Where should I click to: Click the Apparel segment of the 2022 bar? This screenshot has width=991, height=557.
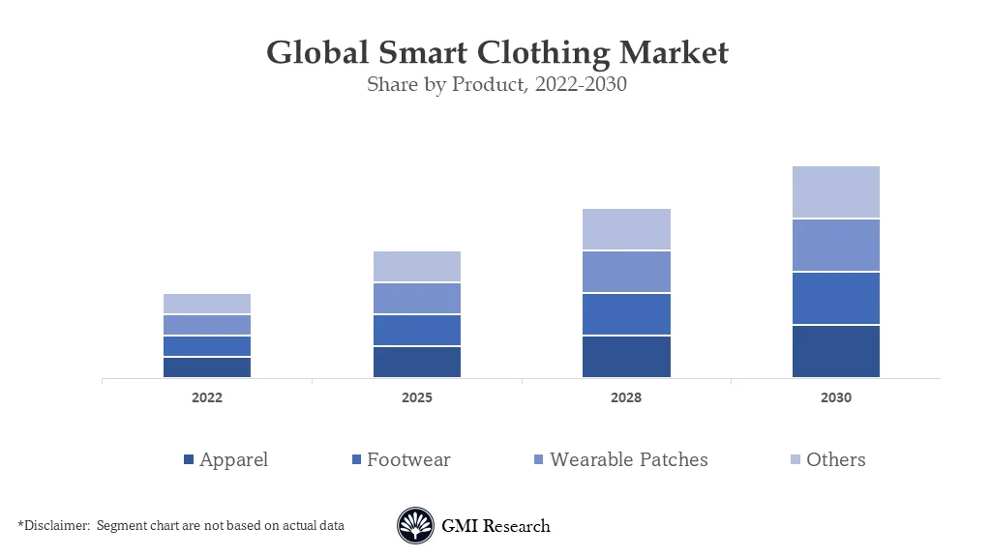point(207,367)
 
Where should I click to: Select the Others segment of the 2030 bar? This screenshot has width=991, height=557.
point(836,191)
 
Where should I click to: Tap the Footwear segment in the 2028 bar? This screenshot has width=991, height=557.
point(626,314)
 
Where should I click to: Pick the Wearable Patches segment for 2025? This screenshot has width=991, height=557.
point(417,298)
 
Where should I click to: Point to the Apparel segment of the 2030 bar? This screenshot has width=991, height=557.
point(836,351)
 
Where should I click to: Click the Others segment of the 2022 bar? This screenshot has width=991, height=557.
point(207,304)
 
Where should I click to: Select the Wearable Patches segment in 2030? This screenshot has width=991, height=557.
point(836,246)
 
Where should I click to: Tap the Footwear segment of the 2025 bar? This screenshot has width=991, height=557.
point(417,330)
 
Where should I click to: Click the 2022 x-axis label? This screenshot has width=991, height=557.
point(207,397)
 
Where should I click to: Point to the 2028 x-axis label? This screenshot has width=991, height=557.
point(626,397)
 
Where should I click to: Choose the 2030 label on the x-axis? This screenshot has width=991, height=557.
point(836,397)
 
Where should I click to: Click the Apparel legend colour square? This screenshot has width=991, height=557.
point(189,460)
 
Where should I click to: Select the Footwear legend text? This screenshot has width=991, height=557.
point(408,460)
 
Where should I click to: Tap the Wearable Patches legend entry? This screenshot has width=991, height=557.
point(628,460)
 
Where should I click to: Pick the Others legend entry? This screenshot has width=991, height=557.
point(835,460)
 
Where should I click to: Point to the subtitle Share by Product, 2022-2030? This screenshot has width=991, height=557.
point(496,84)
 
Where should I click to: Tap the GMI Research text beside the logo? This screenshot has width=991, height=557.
point(495,526)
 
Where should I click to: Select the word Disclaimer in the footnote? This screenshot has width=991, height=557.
point(54,525)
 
